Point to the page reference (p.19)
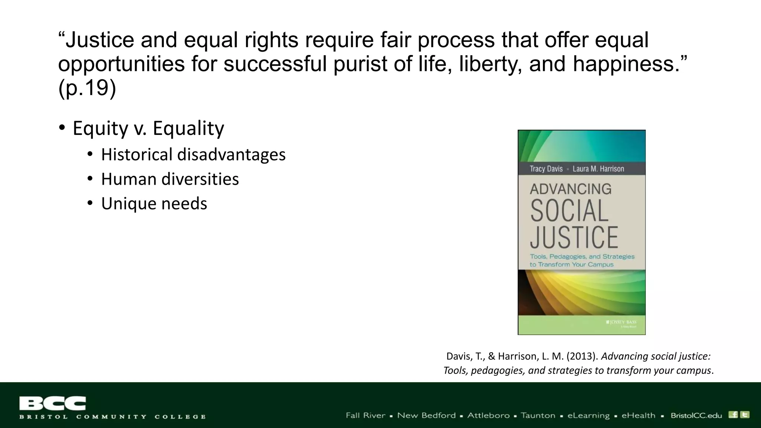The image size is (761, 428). [87, 88]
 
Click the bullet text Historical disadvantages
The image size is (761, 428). [193, 155]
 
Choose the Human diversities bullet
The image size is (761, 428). [170, 179]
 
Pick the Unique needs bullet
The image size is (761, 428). [154, 204]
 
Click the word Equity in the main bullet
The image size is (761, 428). [100, 129]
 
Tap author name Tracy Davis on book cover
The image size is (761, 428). [546, 169]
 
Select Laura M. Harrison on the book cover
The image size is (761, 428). [598, 169]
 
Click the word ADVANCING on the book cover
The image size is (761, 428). [570, 189]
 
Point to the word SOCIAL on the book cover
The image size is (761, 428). [569, 211]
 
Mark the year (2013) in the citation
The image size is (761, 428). [582, 356]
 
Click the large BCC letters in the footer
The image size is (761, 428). [52, 403]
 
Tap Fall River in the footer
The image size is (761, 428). [365, 415]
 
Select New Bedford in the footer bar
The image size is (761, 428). [426, 415]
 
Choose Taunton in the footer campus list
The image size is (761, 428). [538, 415]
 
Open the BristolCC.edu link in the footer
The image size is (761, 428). [696, 415]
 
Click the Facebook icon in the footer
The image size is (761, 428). [733, 415]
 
